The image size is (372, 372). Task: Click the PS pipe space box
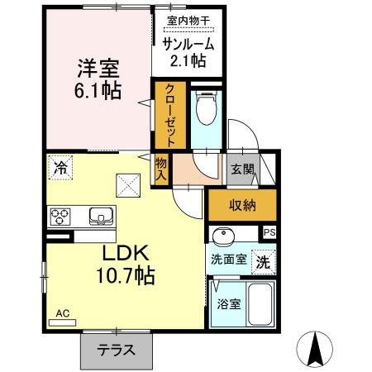[x=269, y=233]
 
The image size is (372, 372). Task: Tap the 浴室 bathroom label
[x=228, y=303]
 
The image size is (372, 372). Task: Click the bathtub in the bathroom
[x=260, y=305]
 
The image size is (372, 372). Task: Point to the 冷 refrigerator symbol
[x=60, y=166]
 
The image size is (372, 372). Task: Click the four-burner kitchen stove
[x=61, y=217]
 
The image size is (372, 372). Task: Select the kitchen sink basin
[x=100, y=217]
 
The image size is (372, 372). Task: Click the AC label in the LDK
[x=61, y=313]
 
